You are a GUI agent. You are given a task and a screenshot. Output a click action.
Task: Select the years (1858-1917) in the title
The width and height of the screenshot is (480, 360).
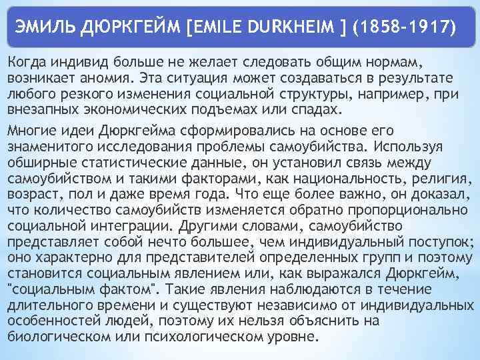405,29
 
